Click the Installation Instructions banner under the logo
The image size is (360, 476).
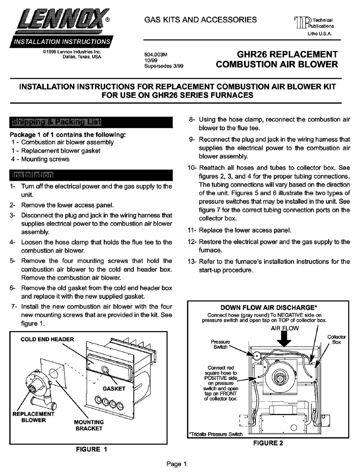coord(61,42)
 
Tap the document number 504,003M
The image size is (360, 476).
coord(156,55)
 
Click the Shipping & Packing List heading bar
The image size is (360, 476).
coord(91,122)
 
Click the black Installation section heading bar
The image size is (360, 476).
coord(91,175)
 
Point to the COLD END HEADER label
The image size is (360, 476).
coord(47,339)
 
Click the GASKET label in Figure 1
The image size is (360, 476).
coord(114,388)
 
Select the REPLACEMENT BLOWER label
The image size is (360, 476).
coord(33,417)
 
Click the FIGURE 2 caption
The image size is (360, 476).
coord(268,443)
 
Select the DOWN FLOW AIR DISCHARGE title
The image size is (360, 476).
coord(269,307)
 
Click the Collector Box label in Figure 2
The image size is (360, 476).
coord(336,339)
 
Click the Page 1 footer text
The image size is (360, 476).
coord(177,463)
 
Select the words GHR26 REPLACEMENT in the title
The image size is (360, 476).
coord(287,54)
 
